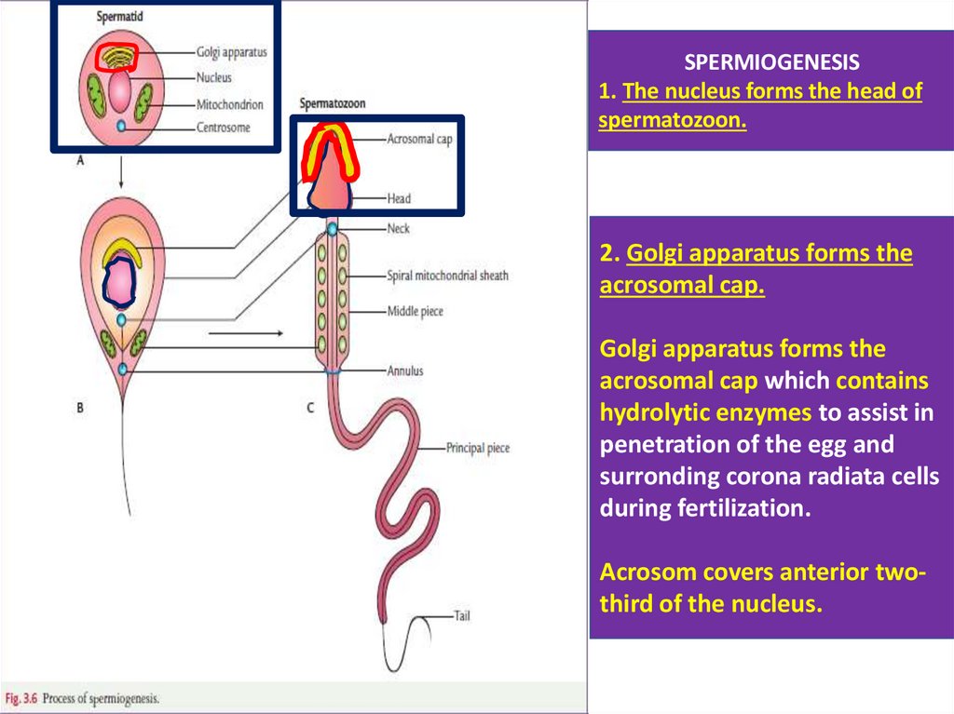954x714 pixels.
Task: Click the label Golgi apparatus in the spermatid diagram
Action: [x=231, y=52]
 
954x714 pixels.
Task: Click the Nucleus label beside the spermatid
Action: [x=214, y=78]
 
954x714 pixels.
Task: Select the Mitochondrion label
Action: [x=229, y=104]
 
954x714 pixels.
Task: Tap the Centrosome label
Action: [x=224, y=128]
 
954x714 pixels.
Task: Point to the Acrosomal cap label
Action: [x=419, y=140]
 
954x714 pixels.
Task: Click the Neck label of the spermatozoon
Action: [x=398, y=228]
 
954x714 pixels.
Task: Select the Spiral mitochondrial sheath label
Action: [x=447, y=276]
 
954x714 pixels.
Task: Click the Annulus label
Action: [x=405, y=370]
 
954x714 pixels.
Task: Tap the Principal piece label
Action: [x=478, y=448]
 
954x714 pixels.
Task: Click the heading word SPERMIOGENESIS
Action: [x=772, y=63]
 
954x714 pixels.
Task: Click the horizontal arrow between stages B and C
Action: [x=245, y=331]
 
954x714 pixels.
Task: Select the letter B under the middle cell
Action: [x=80, y=407]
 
